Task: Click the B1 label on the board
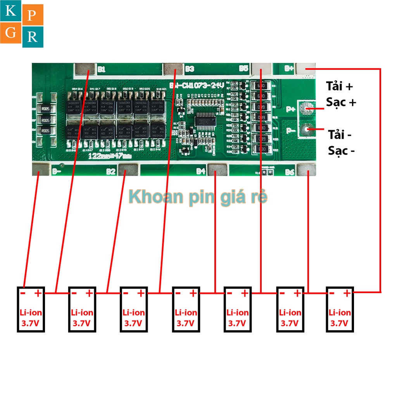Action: point(102,69)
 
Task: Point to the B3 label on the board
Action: point(189,69)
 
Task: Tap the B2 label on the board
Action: point(111,171)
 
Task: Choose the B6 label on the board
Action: point(290,171)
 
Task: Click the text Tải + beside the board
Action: point(340,86)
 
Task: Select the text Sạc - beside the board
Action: point(341,150)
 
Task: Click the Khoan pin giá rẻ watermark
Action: point(198,197)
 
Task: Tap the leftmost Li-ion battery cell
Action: point(31,309)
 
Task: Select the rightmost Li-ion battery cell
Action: point(340,309)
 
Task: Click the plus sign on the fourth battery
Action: point(193,293)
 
